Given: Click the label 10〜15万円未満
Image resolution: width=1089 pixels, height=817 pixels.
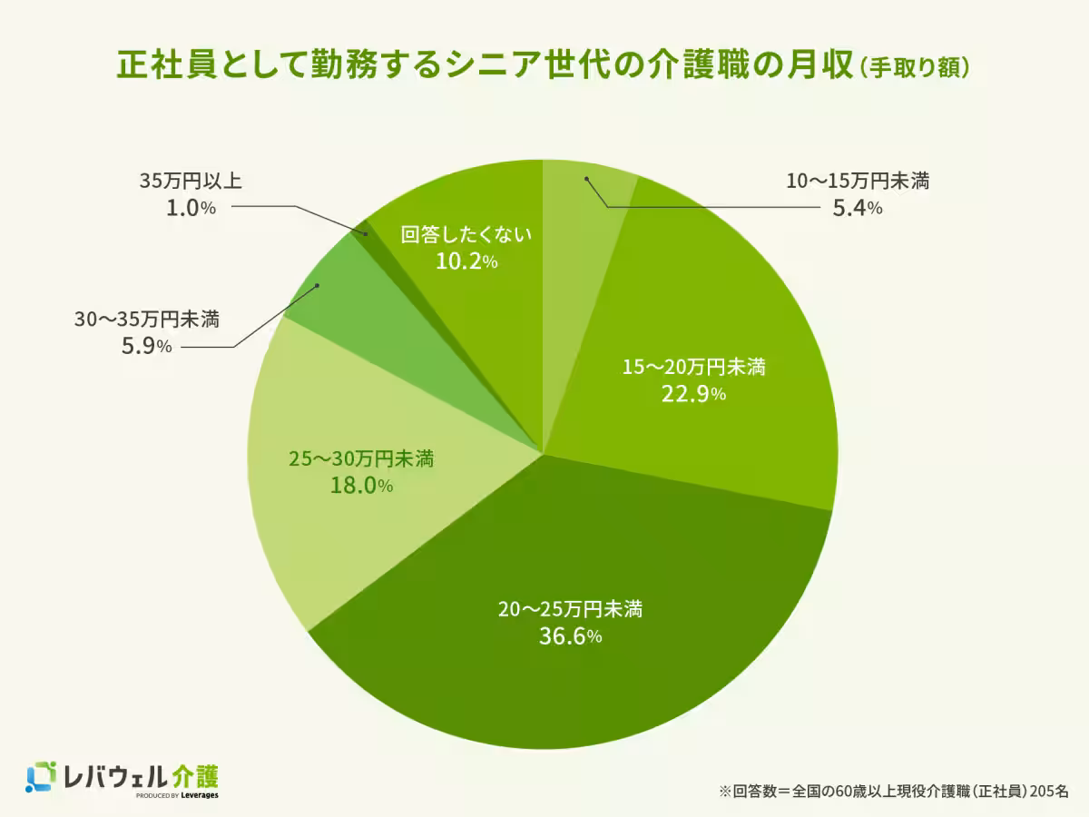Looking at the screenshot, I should (x=857, y=182).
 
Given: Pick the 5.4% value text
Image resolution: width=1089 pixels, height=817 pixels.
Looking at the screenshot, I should (x=857, y=209).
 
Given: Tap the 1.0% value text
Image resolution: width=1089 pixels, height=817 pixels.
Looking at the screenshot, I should (x=190, y=208).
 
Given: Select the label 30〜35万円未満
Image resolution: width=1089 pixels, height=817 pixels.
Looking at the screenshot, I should (x=146, y=319).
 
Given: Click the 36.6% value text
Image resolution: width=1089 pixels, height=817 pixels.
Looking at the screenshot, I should (x=570, y=636).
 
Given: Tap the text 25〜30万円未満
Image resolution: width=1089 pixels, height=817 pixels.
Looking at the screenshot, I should (x=361, y=459).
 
